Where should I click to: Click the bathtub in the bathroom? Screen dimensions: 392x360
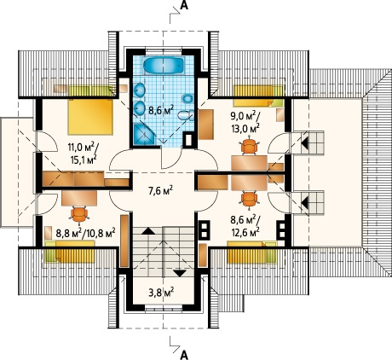coord(163,66)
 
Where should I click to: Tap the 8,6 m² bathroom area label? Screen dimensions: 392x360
coord(161,109)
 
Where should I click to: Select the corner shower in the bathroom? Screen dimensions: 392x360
coord(144,134)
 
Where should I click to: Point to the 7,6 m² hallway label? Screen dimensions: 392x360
coord(161,191)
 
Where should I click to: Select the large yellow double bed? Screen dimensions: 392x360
coord(90,117)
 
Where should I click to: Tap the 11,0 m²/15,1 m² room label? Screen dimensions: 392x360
coord(82,154)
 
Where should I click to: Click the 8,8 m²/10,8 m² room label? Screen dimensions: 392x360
coord(85,234)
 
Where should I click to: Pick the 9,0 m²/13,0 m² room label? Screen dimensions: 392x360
coord(245,122)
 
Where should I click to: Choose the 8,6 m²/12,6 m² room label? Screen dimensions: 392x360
coord(245,225)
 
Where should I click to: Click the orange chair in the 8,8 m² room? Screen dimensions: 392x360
coord(79,215)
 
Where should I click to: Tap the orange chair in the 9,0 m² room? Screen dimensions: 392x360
coord(250,146)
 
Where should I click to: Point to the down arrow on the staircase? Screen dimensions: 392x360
coord(179,273)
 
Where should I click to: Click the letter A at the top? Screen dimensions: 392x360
coord(184,6)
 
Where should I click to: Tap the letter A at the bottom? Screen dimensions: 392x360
coord(184,355)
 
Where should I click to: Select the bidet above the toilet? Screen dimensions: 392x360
coord(187,99)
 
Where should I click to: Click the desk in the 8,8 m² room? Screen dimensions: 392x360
coord(79,198)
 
